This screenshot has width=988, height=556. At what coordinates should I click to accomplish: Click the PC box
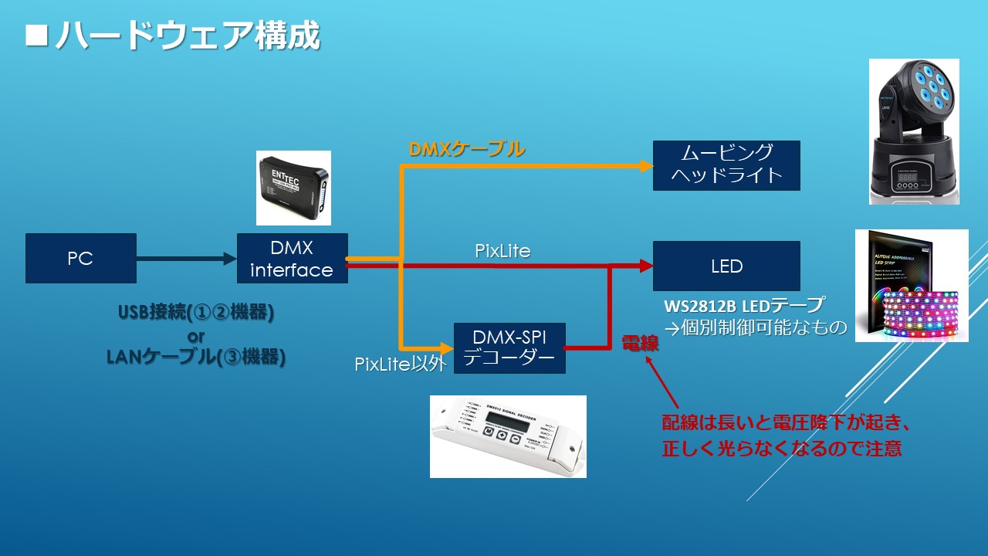point(81,259)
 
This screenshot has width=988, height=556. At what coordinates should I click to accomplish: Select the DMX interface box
point(292,259)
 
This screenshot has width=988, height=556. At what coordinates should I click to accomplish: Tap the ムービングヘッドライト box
point(726,165)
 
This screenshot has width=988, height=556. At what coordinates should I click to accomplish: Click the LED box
point(726,266)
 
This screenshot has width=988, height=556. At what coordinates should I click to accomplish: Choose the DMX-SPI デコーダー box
point(509,348)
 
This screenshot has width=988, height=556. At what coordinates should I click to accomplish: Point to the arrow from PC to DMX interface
point(186,259)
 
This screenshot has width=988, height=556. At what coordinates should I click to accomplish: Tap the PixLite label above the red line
point(502,251)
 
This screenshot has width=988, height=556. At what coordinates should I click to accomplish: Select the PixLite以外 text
point(401,364)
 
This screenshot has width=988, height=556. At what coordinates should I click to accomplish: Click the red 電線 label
point(640,344)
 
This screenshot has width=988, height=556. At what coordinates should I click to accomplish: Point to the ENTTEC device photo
point(293,188)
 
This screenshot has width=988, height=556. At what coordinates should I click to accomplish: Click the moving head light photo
point(914,131)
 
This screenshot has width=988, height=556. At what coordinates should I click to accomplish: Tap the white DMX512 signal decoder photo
point(508,436)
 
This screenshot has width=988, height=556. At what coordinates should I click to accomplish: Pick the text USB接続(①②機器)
point(196,313)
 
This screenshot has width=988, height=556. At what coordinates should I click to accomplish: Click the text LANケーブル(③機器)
point(196,357)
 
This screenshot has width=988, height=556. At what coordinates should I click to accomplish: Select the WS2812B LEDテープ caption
point(744,304)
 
